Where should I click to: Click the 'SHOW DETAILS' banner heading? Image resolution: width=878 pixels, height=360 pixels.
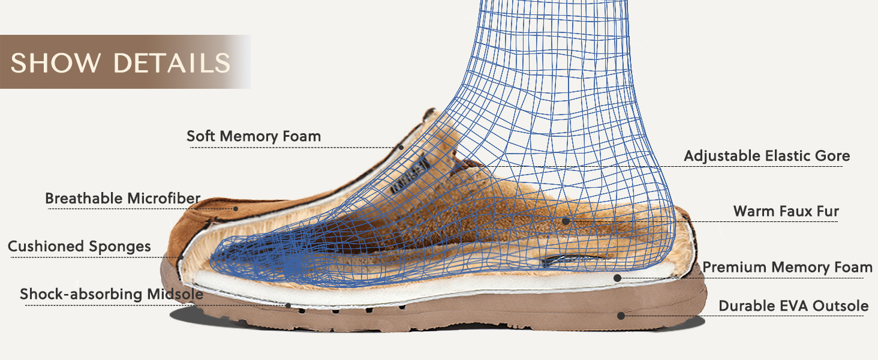(x=121, y=63)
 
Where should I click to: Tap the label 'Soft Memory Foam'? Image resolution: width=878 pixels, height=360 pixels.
(x=254, y=136)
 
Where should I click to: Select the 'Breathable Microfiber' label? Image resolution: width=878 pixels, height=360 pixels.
(x=123, y=198)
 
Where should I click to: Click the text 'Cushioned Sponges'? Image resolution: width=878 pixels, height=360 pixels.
(x=79, y=246)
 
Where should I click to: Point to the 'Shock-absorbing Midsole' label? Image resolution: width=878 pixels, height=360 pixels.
(x=112, y=294)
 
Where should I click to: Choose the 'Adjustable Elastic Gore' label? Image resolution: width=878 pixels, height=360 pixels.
(x=767, y=156)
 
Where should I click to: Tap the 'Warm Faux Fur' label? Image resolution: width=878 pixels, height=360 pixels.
(x=786, y=211)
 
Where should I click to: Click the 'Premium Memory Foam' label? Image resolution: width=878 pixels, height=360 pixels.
(x=787, y=267)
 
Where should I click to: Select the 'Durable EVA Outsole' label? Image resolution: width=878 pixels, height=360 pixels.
(x=793, y=306)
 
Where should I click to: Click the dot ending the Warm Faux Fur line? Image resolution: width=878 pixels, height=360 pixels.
(x=566, y=221)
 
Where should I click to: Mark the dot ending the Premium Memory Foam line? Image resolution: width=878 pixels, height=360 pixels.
(x=617, y=278)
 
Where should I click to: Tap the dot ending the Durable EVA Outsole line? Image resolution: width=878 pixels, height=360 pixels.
(x=621, y=315)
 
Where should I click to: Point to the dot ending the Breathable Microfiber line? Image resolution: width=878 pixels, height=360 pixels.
(x=236, y=209)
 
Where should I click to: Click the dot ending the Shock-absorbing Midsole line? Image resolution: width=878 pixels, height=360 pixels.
(x=288, y=305)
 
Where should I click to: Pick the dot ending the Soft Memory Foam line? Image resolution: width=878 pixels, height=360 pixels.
(x=401, y=147)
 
